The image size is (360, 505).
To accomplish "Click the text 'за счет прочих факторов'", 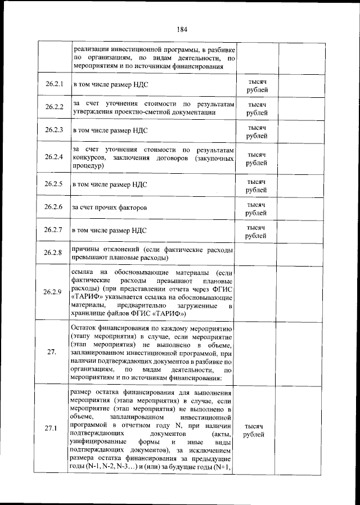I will pos(110,208).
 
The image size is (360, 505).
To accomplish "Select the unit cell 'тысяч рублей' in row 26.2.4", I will pos(256,158).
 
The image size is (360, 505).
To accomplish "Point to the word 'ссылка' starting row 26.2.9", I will pos(83,272).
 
